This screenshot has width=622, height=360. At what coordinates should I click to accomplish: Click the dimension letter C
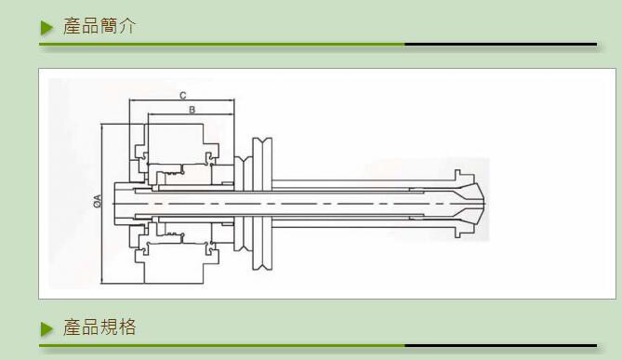[x=182, y=96]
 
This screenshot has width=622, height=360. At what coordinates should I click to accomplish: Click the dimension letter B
[x=192, y=110]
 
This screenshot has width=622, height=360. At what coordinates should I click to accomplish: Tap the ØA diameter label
[x=98, y=201]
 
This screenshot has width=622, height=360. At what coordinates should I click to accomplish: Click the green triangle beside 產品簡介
[x=46, y=28]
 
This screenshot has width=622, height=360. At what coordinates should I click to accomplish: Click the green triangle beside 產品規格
[x=46, y=329]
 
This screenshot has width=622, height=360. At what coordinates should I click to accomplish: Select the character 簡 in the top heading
[x=108, y=26]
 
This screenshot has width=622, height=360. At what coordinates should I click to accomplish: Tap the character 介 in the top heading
[x=127, y=26]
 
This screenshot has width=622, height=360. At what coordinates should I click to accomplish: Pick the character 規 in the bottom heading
[x=108, y=327]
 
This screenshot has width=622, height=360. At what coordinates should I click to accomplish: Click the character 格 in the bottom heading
[x=127, y=327]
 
